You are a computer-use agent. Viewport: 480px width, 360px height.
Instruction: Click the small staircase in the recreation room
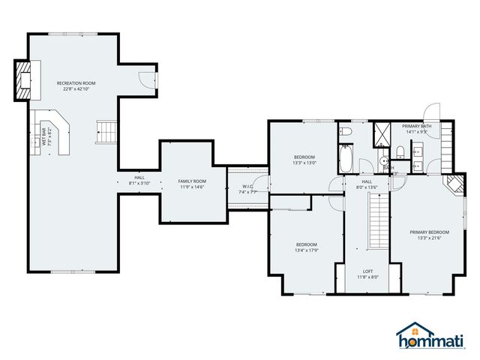pyautogui.click(x=107, y=133)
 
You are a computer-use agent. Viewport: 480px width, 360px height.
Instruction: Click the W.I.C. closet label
pyautogui.click(x=248, y=189)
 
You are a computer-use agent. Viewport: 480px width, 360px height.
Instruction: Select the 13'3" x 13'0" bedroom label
pyautogui.click(x=304, y=159)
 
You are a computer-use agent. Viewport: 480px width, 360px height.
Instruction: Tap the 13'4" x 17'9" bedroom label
pyautogui.click(x=306, y=248)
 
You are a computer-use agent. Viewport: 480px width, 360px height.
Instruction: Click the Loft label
pyautogui.click(x=367, y=274)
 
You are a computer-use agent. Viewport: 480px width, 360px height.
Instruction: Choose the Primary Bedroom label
pyautogui.click(x=430, y=235)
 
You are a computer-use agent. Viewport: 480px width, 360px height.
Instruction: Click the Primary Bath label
pyautogui.click(x=416, y=128)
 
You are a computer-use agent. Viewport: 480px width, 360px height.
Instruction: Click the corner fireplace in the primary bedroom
pyautogui.click(x=454, y=184)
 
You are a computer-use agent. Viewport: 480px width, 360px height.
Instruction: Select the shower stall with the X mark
pyautogui.click(x=382, y=133)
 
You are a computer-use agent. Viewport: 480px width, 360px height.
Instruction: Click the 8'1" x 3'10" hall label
pyautogui.click(x=139, y=180)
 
